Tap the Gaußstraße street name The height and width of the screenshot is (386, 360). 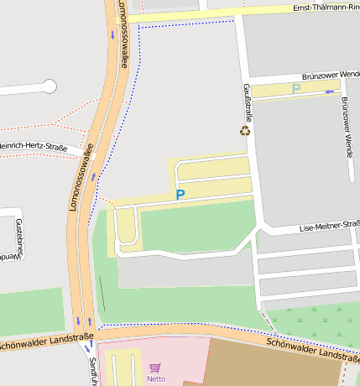(x=248, y=102)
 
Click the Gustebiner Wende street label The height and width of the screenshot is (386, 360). (x=17, y=238)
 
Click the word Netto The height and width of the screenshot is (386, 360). (x=156, y=378)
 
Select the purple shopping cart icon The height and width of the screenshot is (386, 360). (x=155, y=368)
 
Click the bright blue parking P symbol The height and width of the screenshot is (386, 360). (x=180, y=195)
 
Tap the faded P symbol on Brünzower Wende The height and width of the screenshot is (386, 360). (x=295, y=88)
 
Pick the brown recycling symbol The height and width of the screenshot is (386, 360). (x=245, y=130)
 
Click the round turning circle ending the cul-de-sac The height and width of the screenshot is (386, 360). (x=50, y=86)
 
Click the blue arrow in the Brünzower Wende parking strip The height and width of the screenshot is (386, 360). (x=331, y=91)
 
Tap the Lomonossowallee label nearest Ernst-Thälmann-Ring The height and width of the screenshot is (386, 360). (x=123, y=34)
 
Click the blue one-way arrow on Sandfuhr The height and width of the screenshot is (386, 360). (x=87, y=346)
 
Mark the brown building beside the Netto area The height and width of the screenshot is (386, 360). (x=277, y=365)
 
